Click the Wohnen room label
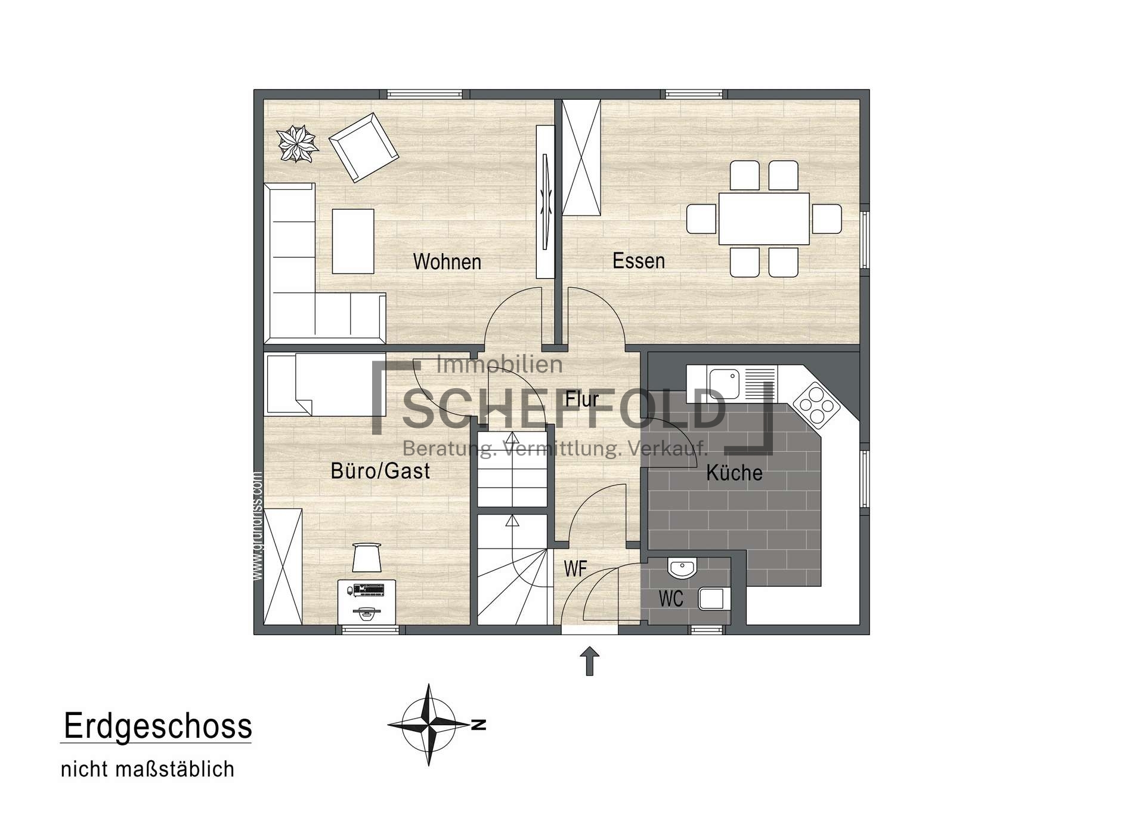(x=447, y=261)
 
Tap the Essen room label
(x=639, y=261)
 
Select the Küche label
(x=734, y=473)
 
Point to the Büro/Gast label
(x=380, y=471)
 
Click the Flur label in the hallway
(x=582, y=399)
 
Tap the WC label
(x=671, y=599)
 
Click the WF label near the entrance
(x=575, y=569)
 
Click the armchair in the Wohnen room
(x=364, y=147)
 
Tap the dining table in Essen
(x=764, y=218)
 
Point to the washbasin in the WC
(x=682, y=568)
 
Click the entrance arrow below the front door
(x=590, y=661)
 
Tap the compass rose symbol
(x=429, y=725)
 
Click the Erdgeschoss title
(x=158, y=726)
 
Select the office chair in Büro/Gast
(x=366, y=557)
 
